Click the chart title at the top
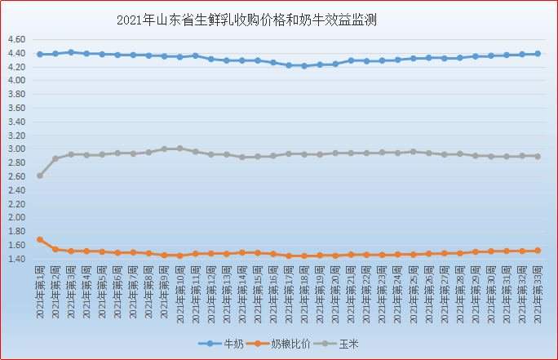click(x=247, y=20)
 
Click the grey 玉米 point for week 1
click(x=40, y=176)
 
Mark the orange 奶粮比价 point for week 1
click(x=40, y=240)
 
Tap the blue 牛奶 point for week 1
click(x=40, y=54)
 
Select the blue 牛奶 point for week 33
click(x=538, y=54)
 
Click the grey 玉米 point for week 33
click(x=538, y=156)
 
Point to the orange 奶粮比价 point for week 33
click(x=538, y=251)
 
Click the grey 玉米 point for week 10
click(x=180, y=149)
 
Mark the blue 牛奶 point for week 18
click(x=304, y=65)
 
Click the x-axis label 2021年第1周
click(x=40, y=291)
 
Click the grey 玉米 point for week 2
click(x=55, y=158)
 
